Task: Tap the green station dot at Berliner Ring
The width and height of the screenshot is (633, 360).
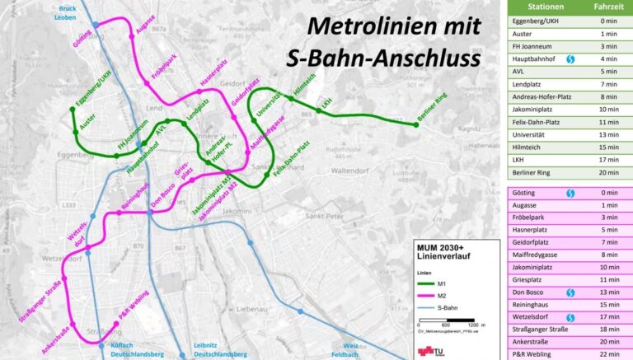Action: [416, 125]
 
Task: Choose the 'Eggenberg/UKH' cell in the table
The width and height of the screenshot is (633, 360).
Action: [536, 20]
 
